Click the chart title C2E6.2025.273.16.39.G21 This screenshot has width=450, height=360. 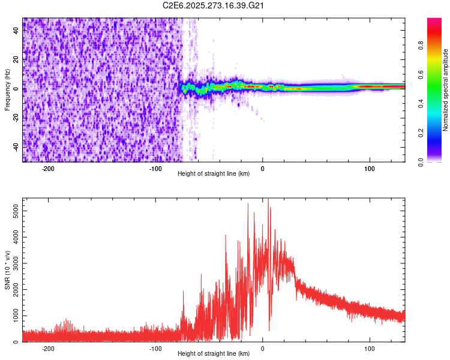coord(215,5)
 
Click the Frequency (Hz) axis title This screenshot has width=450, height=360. coord(7,90)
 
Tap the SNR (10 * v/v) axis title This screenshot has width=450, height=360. coord(7,270)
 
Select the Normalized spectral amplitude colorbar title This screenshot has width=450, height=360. coord(446,90)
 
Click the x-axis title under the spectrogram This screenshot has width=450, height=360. coord(214,174)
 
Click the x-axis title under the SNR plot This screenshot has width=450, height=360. coord(214,354)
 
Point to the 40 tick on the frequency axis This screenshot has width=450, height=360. coord(16,31)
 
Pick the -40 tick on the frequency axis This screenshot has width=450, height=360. coord(14,147)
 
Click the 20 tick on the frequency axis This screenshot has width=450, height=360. coord(16,60)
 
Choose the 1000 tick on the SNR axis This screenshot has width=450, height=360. coord(12,316)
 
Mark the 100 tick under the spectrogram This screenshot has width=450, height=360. coord(370,168)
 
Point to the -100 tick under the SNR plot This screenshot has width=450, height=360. coord(155,348)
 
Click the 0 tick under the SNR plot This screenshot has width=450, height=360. coord(263,348)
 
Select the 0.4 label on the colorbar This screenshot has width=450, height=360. coord(421,103)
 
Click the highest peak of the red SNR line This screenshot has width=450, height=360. coord(268,199)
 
